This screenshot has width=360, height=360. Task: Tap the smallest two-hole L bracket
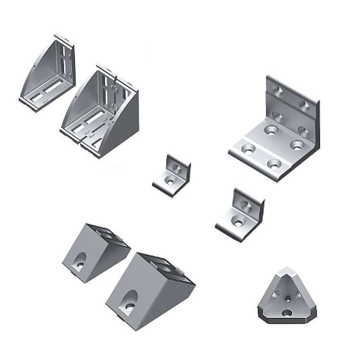pos(171,174)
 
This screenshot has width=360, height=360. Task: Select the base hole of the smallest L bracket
pos(168,181)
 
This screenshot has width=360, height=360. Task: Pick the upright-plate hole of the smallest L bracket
pos(178,168)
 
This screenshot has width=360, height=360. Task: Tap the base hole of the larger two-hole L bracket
pos(237,222)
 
